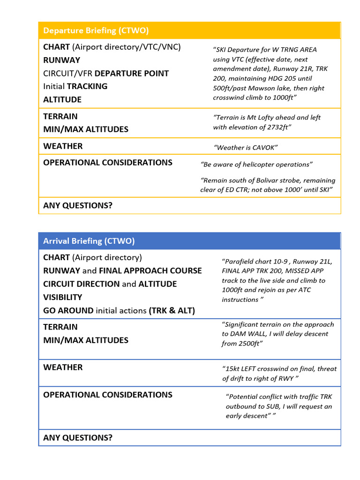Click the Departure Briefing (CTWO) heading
(x=96, y=30)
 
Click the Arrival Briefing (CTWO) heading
(x=89, y=241)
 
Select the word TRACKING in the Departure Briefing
(x=87, y=86)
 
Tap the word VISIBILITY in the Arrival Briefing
(x=62, y=297)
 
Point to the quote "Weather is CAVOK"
(x=246, y=148)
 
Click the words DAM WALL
(x=246, y=334)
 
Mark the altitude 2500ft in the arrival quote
(x=249, y=344)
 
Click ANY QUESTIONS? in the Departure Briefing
(x=78, y=205)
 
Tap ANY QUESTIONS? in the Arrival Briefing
(x=78, y=438)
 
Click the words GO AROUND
(x=68, y=310)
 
